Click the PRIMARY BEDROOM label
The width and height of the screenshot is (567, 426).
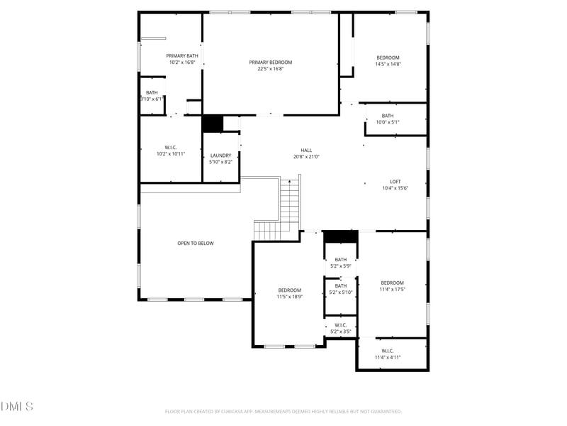[x=270, y=62]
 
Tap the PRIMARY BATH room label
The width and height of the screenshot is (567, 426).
[x=182, y=56]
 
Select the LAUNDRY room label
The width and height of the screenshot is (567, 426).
[x=220, y=155]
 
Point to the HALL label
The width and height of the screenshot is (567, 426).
[x=306, y=151]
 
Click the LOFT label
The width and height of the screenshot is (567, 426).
[x=395, y=182]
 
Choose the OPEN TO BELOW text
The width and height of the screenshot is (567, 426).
[x=195, y=244]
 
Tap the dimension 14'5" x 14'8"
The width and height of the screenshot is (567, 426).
[x=388, y=64]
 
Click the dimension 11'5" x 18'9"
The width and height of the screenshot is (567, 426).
[x=289, y=297]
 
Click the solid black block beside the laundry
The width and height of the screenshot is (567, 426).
[x=213, y=124]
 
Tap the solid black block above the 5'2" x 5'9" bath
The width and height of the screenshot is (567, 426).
[x=341, y=236]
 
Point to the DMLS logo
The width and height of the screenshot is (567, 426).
[x=17, y=407]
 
